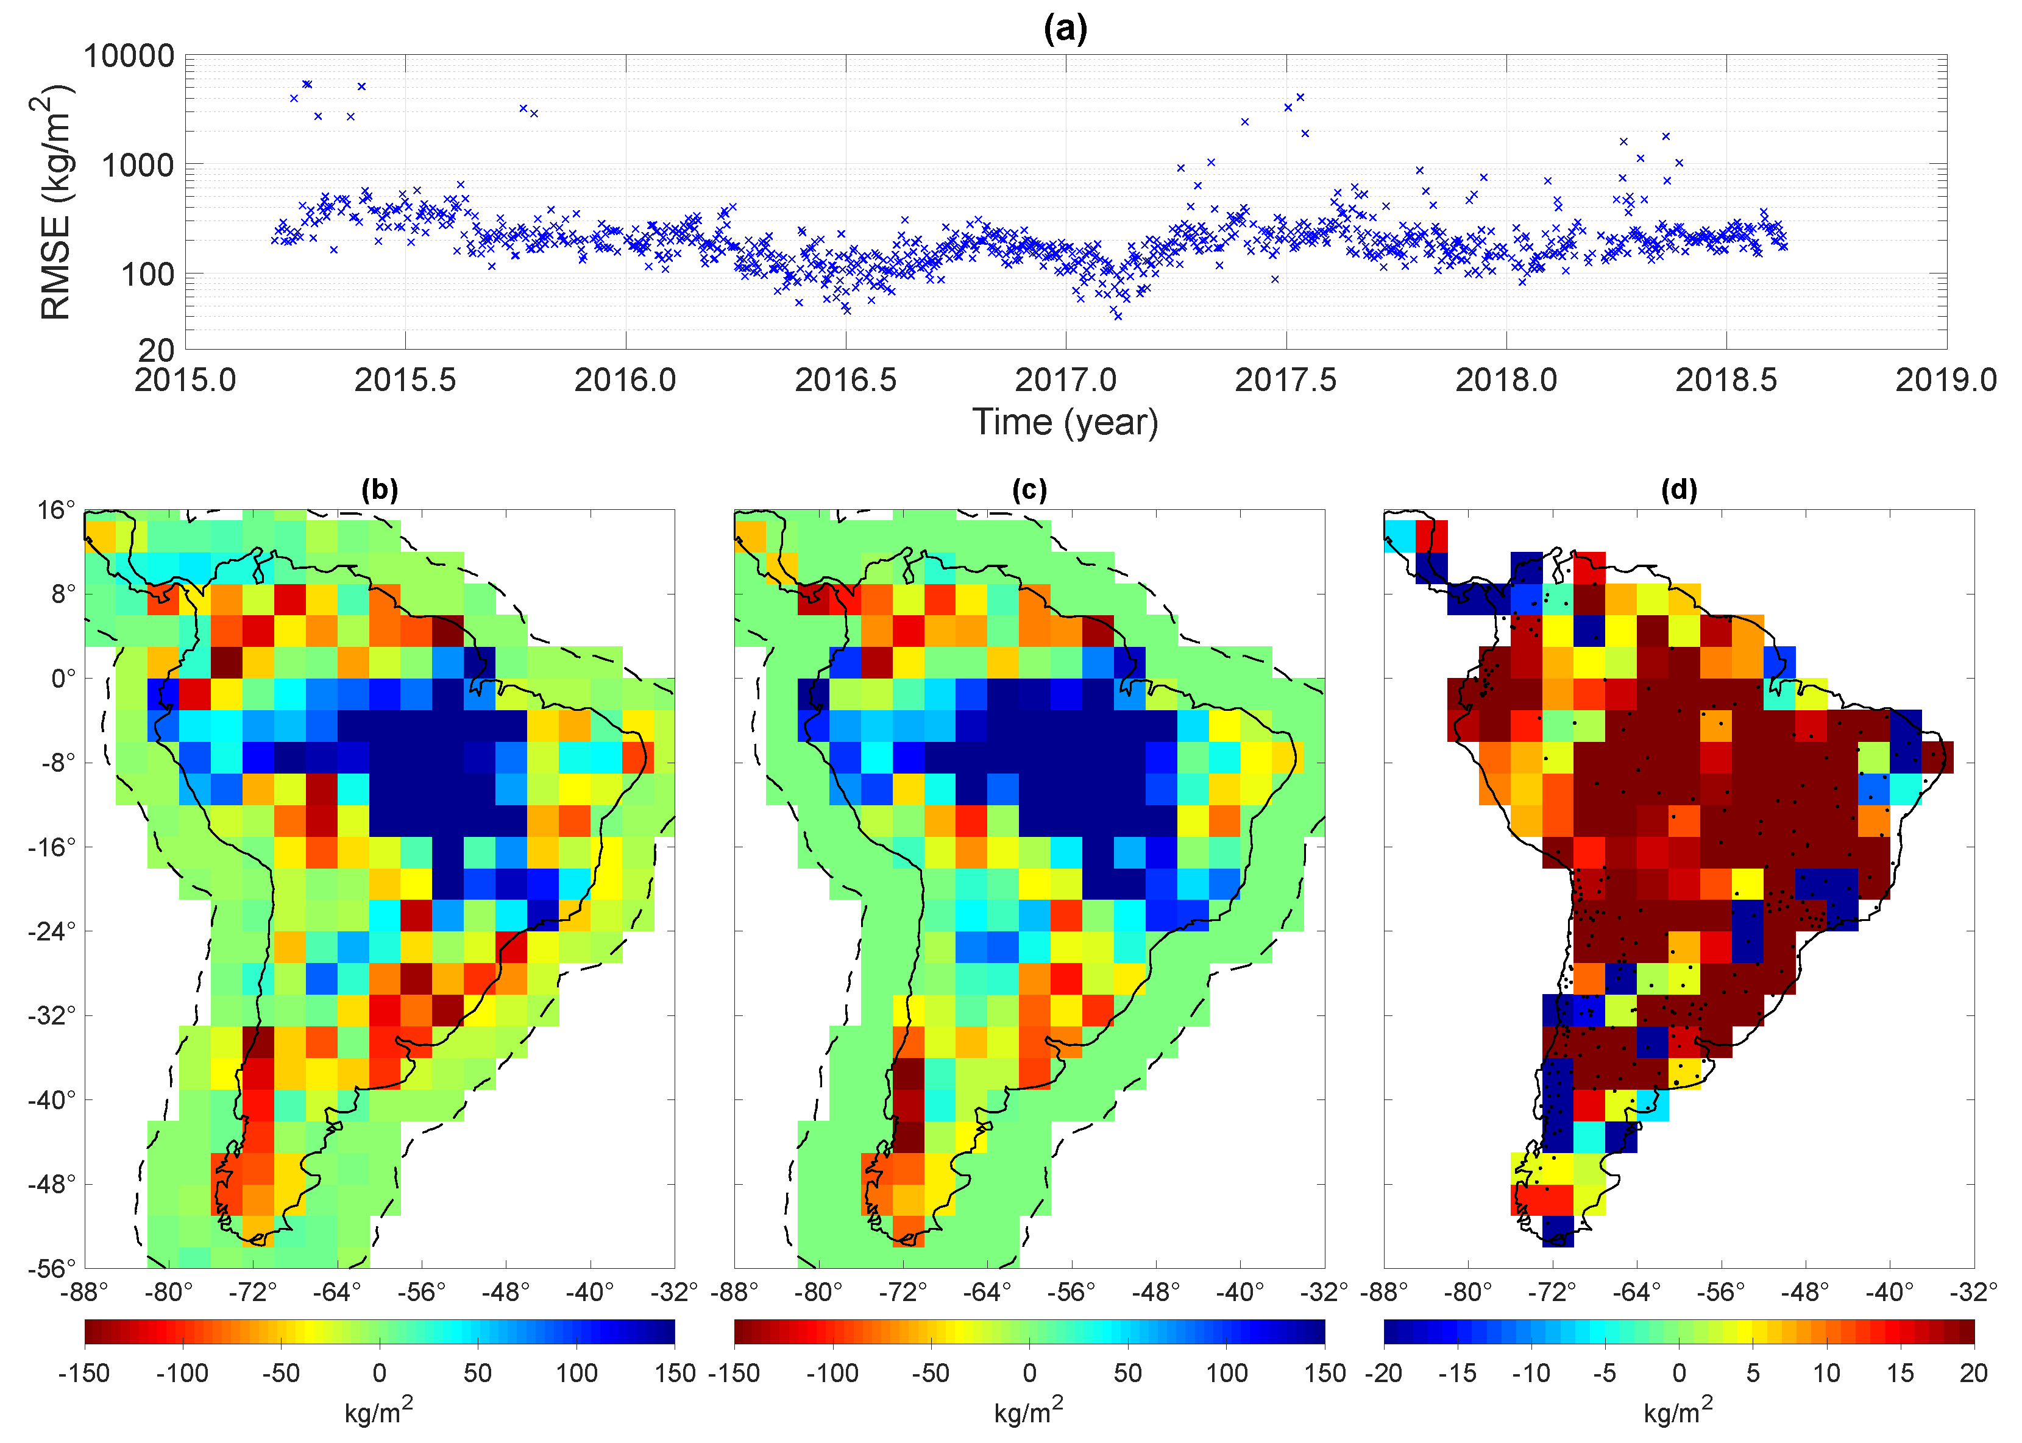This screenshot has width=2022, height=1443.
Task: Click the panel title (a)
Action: (x=1065, y=29)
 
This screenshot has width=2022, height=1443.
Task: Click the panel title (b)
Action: (x=380, y=490)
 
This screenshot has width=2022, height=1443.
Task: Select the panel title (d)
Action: (x=1679, y=490)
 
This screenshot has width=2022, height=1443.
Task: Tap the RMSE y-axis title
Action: (x=55, y=203)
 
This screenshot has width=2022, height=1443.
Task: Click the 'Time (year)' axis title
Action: (x=1065, y=422)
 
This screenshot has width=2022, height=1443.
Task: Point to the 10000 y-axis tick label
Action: (x=129, y=56)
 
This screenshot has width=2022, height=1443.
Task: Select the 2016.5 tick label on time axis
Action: (x=845, y=380)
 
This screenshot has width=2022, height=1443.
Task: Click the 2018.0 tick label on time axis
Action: (x=1506, y=380)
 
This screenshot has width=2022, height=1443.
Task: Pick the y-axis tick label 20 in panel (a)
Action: (x=157, y=350)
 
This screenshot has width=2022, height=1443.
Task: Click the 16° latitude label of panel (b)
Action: (x=56, y=510)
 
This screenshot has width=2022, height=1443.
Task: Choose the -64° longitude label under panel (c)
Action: (x=987, y=1292)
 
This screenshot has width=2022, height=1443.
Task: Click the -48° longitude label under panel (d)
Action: (x=1805, y=1292)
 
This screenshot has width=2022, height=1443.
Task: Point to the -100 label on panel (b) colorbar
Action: (x=182, y=1373)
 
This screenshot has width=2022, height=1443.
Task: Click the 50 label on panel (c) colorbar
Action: (x=1128, y=1373)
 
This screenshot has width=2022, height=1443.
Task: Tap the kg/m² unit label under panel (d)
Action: (x=1678, y=1411)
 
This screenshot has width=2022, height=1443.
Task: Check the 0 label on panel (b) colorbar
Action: (x=380, y=1373)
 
